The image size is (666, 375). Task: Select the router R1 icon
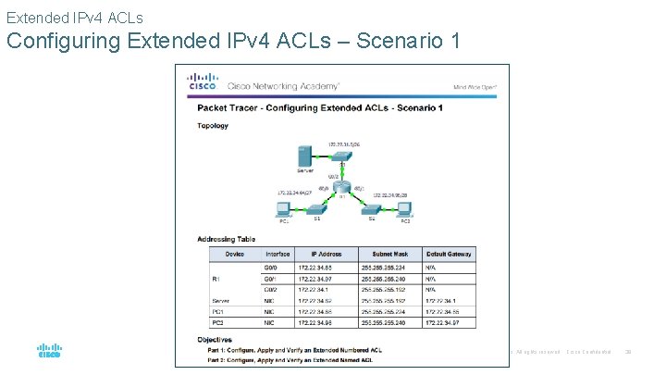(341, 194)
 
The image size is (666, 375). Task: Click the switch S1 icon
(316, 213)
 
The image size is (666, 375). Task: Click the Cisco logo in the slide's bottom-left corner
(49, 350)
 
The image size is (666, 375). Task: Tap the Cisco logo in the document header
(203, 82)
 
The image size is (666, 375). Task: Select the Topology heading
(213, 126)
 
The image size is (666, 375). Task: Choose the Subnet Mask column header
(388, 254)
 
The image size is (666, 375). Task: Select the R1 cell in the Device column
(214, 277)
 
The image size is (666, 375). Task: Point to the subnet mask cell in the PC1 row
(388, 312)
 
